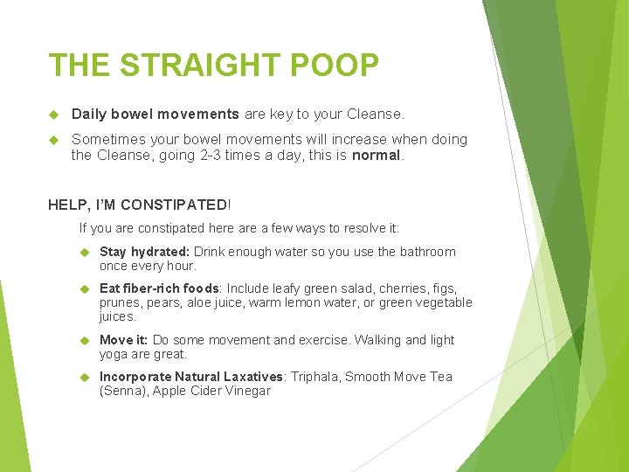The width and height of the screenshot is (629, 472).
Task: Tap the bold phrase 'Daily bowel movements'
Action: [155, 114]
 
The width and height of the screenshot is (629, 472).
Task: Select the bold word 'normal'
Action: [376, 156]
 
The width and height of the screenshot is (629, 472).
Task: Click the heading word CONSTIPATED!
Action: [175, 205]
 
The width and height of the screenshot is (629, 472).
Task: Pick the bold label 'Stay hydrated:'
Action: [144, 252]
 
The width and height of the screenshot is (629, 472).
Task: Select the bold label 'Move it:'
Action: [124, 340]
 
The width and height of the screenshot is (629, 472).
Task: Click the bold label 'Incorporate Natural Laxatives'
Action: [191, 377]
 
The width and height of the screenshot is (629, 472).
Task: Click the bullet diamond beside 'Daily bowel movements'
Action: [55, 115]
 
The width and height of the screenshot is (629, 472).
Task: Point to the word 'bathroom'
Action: [428, 252]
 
